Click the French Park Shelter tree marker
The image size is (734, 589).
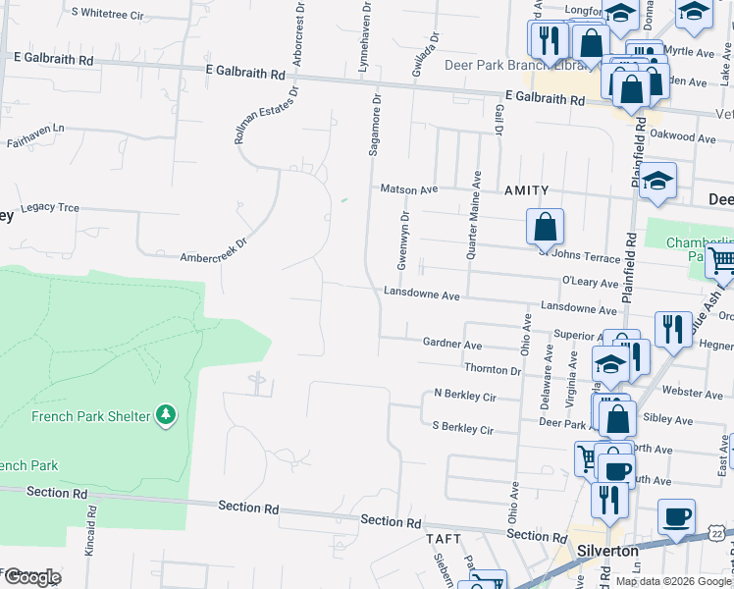(x=166, y=415)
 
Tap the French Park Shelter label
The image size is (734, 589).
(x=91, y=416)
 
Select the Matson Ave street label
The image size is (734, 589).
(x=408, y=189)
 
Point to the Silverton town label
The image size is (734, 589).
(x=608, y=551)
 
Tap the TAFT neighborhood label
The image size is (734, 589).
(x=443, y=539)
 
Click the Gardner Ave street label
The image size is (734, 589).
(x=451, y=345)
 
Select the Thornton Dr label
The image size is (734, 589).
(x=493, y=370)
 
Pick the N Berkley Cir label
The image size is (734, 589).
(x=465, y=395)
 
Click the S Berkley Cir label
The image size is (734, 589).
(x=462, y=429)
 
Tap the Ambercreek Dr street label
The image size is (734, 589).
(x=212, y=246)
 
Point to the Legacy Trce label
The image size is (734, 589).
(x=49, y=208)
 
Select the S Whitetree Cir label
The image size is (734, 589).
(x=108, y=16)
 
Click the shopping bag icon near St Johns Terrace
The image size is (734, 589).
(x=545, y=227)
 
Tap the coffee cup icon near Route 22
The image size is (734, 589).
(x=676, y=516)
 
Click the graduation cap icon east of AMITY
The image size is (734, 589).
(x=658, y=181)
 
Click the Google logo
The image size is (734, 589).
(x=31, y=577)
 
